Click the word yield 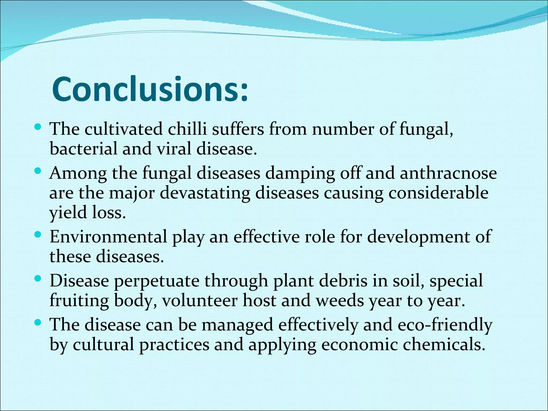(x=68, y=213)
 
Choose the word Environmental (x=108, y=237)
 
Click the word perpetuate (x=157, y=281)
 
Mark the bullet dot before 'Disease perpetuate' (x=38, y=279)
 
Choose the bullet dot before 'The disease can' (x=38, y=323)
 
